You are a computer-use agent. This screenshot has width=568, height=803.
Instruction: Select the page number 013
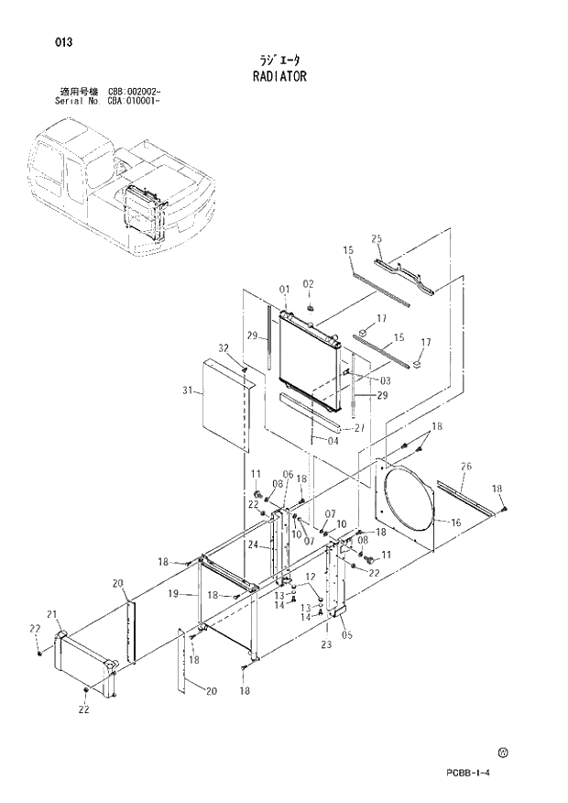[x=63, y=42]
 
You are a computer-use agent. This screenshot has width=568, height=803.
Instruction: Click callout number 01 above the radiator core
[x=284, y=289]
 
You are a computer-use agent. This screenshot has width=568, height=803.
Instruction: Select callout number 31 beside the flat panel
[x=188, y=391]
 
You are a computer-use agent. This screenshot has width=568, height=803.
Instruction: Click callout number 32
[x=223, y=347]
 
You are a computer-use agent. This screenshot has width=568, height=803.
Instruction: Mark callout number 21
[x=52, y=613]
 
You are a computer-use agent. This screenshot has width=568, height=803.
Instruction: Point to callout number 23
[x=326, y=644]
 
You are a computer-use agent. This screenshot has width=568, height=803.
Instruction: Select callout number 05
[x=345, y=632]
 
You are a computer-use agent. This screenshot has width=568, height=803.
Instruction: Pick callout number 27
[x=359, y=427]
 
